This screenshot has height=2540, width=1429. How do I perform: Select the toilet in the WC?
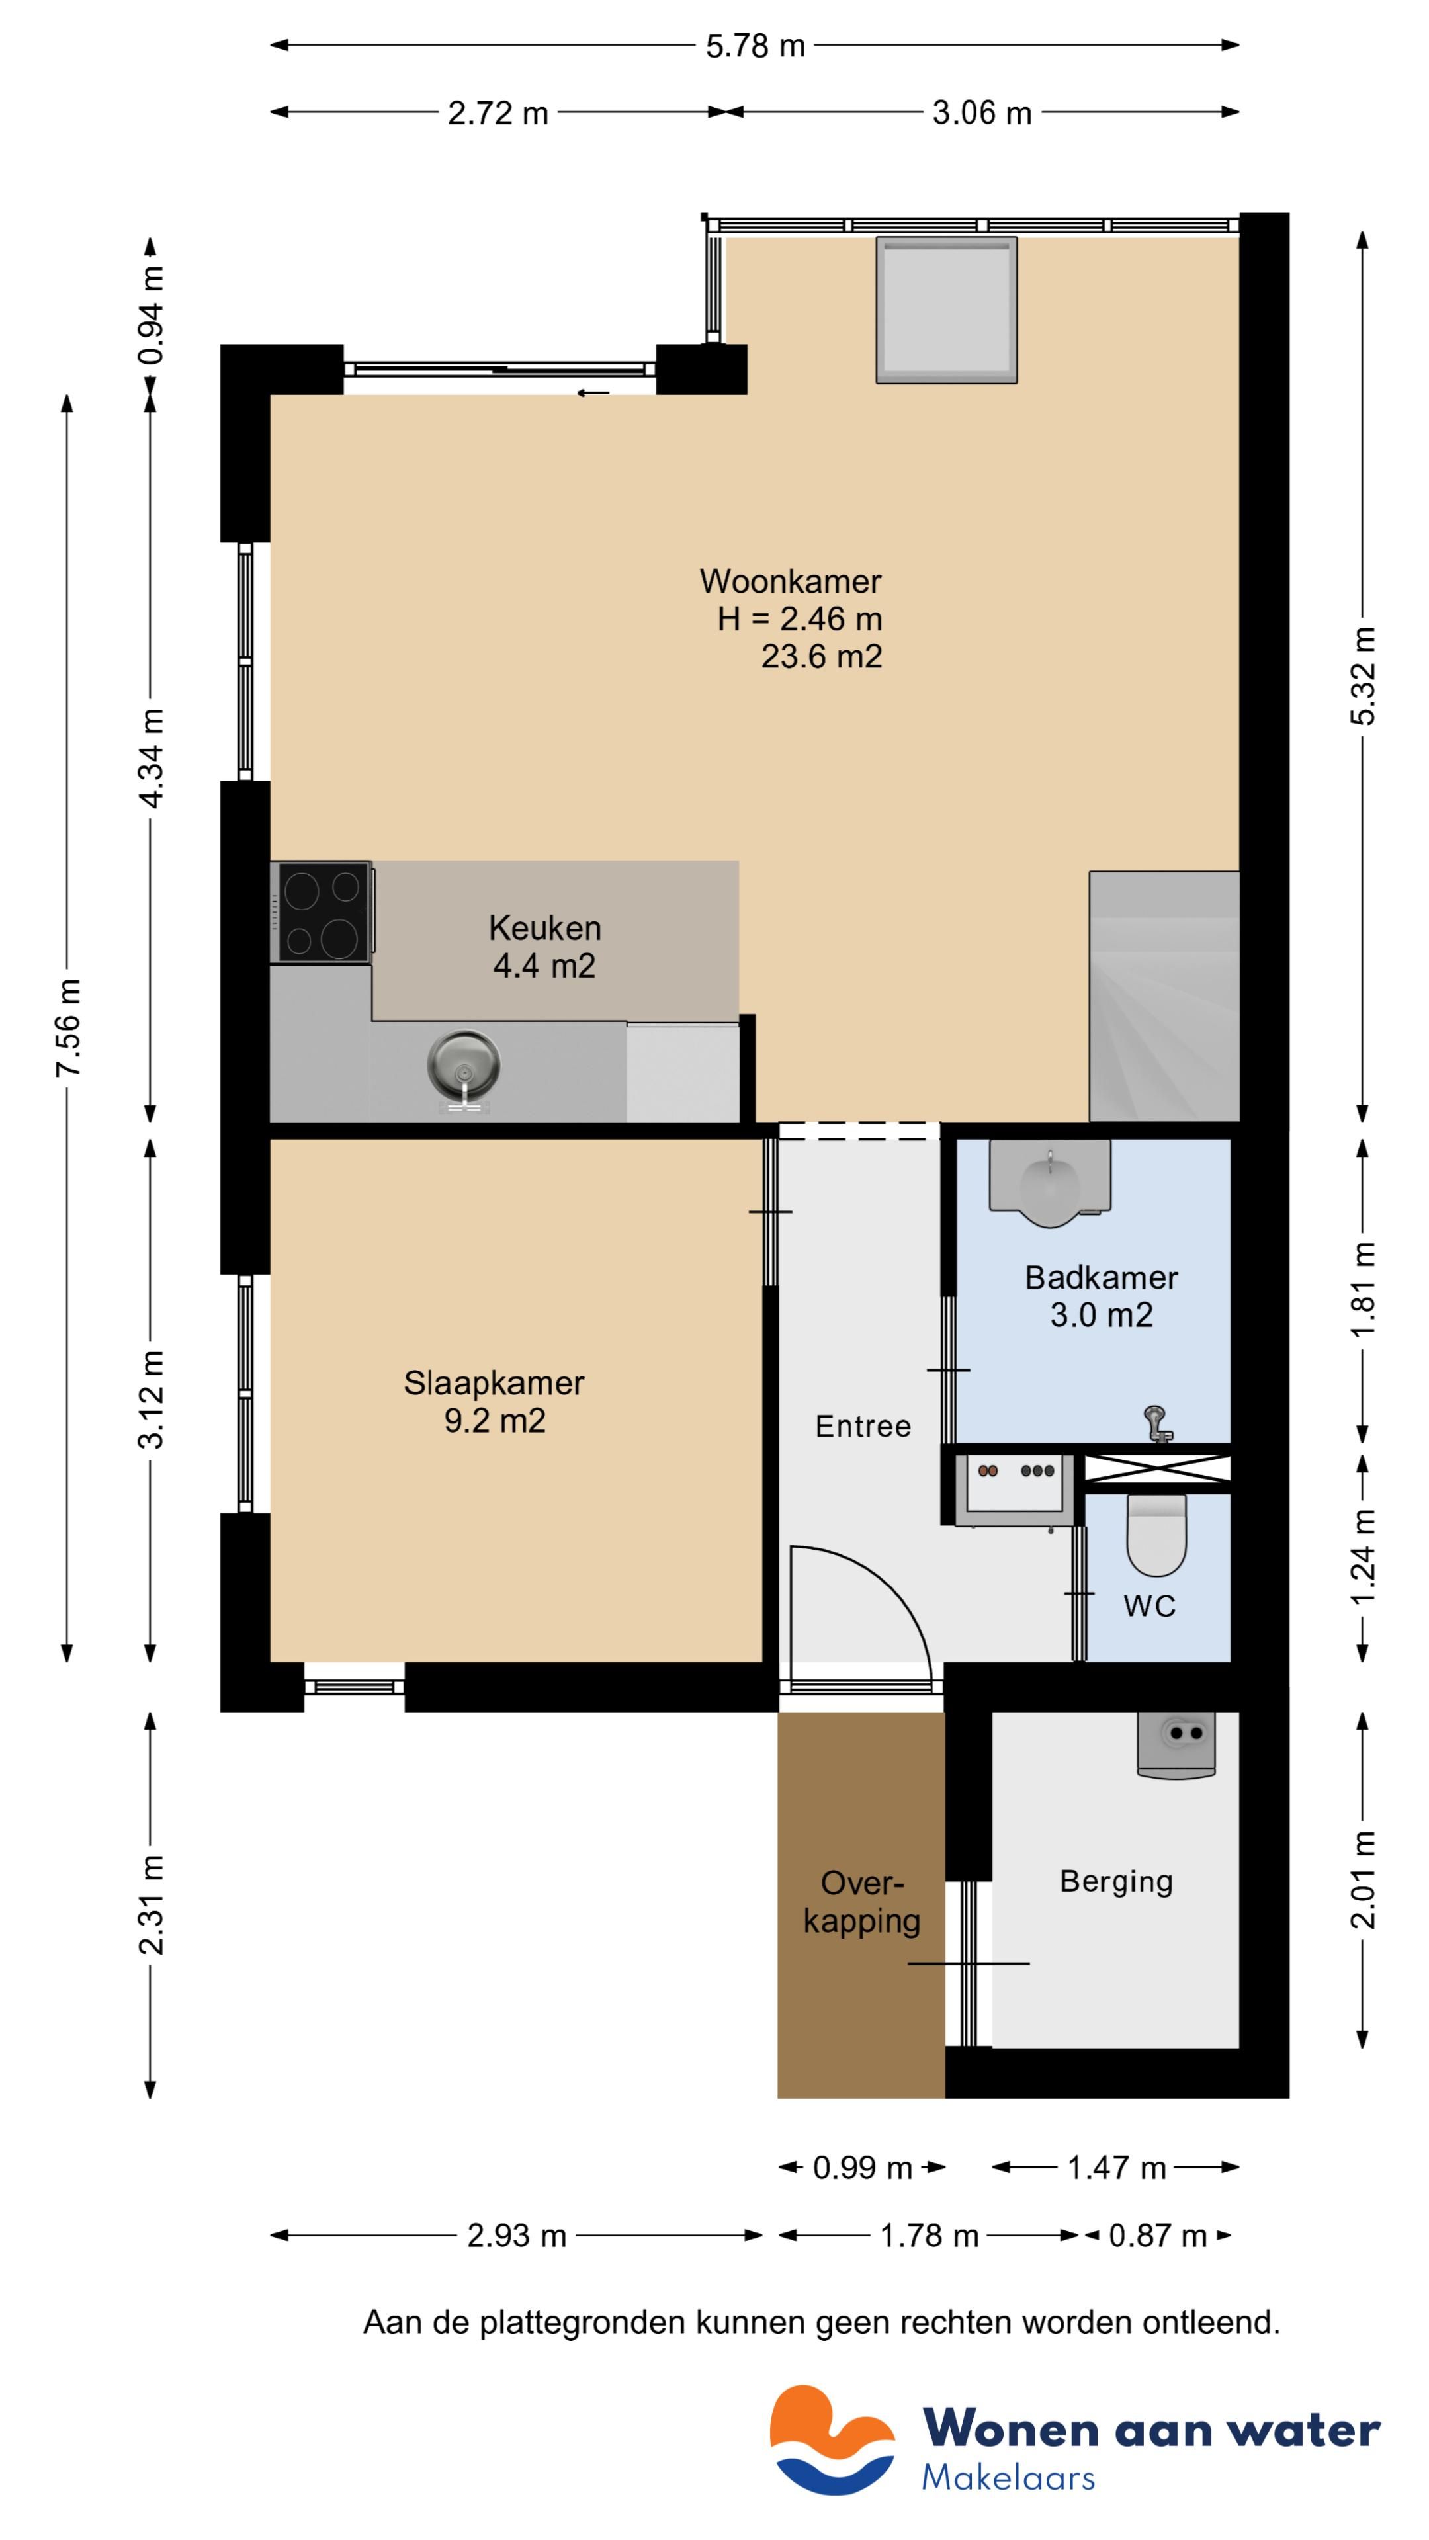coord(1156,1535)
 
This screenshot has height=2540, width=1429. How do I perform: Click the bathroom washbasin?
coord(1051,1182)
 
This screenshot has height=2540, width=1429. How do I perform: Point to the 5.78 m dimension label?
coord(756,46)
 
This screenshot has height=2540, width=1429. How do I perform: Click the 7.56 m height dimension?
coord(69,1027)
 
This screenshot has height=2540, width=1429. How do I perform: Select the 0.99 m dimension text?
coord(862,2168)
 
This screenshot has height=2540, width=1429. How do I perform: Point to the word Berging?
coord(1116,1881)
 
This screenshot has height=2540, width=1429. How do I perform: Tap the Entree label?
coord(863,1427)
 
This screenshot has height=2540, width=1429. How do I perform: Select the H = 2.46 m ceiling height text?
coord(800,619)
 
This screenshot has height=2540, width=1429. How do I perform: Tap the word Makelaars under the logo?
coord(1008,2479)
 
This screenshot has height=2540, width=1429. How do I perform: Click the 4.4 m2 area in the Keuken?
coord(544,966)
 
